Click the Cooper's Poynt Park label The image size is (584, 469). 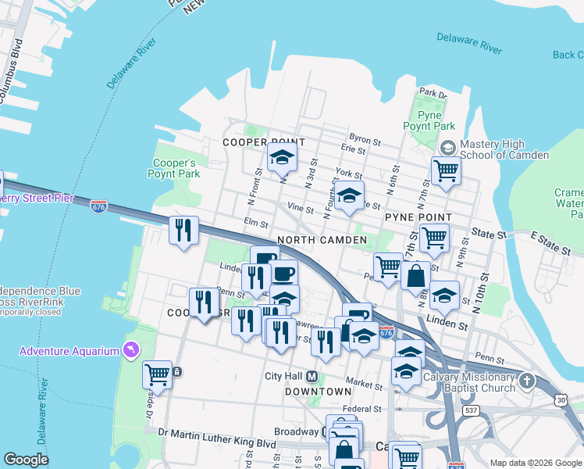point(174,168)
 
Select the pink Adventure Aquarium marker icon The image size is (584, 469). point(131,350)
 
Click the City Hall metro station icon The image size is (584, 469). point(312,376)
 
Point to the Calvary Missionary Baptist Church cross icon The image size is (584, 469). point(527,381)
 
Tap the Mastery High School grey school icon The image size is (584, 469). point(448,147)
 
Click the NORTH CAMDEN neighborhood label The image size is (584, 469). point(322,240)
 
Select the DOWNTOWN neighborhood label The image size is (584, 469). point(318,391)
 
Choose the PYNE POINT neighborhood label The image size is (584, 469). point(418,217)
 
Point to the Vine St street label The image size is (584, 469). point(300,209)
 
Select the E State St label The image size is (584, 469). point(550,242)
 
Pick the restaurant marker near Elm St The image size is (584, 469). point(184,231)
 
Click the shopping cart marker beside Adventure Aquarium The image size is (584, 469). point(157,374)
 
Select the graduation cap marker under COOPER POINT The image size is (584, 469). point(282,157)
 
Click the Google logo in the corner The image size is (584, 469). point(27,460)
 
